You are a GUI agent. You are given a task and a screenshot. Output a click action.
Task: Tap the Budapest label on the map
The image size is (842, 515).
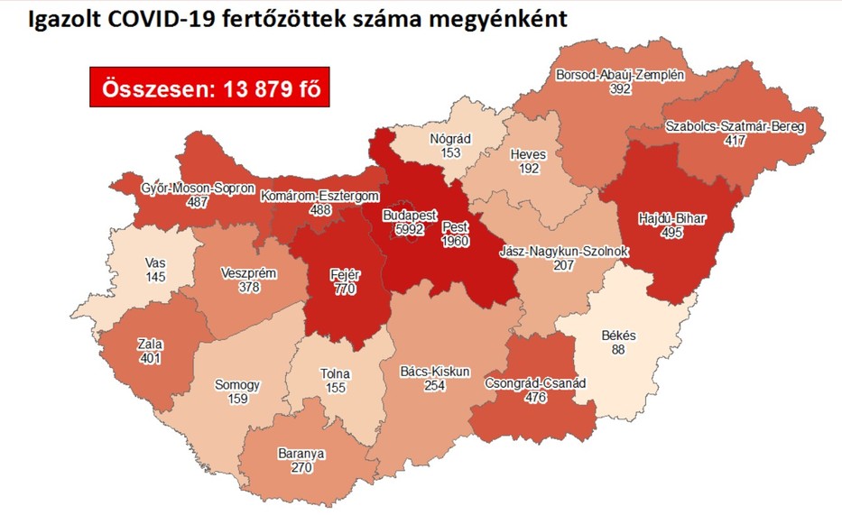click(410, 216)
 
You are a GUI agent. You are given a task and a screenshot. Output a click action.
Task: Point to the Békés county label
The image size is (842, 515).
click(618, 336)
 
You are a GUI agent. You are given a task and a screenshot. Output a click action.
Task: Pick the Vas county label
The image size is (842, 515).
click(154, 263)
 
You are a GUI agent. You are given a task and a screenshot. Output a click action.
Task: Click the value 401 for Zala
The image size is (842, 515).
click(149, 357)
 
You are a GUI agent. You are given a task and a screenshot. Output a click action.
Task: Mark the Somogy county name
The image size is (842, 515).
click(237, 385)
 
